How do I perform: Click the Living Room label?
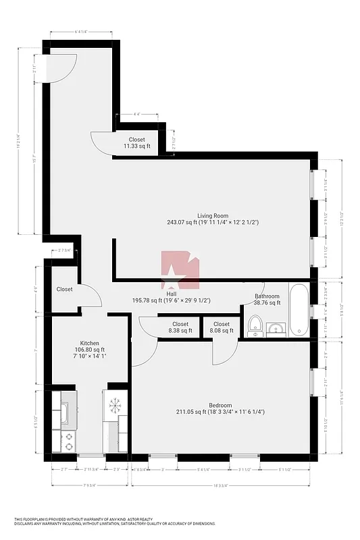point(213,218)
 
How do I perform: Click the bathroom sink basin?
point(276,329)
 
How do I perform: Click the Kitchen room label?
point(90,344)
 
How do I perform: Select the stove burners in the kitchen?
point(68,441)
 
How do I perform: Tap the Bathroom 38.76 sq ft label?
point(267,300)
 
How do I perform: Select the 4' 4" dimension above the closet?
point(136,115)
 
